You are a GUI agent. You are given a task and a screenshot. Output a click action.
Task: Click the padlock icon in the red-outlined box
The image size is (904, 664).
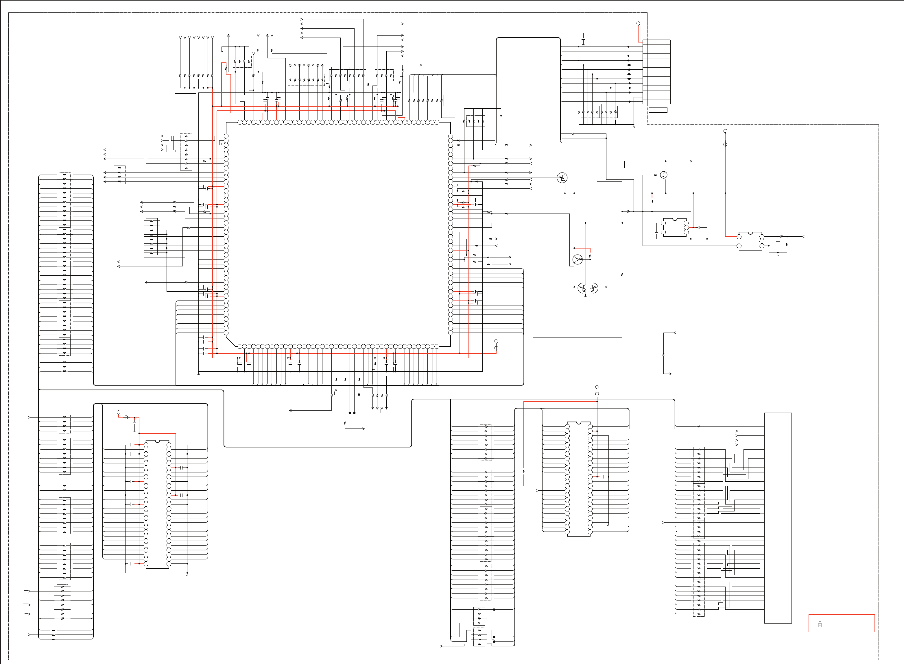tap(820, 624)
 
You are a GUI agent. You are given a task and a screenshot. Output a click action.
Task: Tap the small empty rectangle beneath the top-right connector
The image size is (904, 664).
tap(658, 110)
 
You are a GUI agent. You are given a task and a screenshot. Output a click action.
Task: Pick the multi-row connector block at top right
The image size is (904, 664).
tap(656, 72)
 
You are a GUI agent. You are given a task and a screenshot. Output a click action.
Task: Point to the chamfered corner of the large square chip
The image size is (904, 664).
tap(231, 341)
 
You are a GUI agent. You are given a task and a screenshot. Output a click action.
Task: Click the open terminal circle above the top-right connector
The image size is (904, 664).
tap(638, 23)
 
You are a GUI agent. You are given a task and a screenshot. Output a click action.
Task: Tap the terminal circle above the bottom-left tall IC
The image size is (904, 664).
tap(118, 412)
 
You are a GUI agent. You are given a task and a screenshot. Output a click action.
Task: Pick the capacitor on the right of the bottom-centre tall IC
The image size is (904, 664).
tap(603, 477)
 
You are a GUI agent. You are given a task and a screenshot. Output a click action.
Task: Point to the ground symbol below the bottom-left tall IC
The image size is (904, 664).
tap(187, 574)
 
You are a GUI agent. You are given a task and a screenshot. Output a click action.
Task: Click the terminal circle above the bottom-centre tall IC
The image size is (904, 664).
tap(597, 387)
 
